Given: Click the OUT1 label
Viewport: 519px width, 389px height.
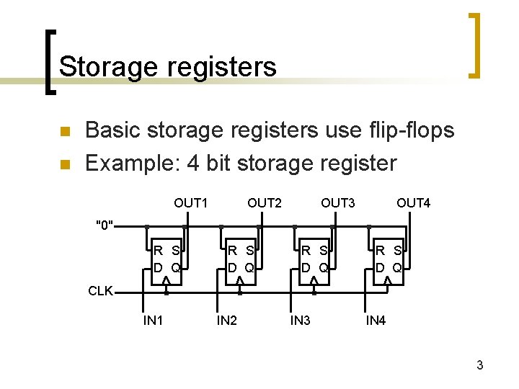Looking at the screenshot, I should click(x=190, y=203).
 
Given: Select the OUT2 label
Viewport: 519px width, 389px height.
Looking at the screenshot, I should click(x=265, y=203).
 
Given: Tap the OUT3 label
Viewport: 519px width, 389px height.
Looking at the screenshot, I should click(x=338, y=203).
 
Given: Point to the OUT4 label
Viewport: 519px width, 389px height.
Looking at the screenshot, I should click(x=413, y=203).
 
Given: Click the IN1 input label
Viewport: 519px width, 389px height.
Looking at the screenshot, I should click(x=153, y=321).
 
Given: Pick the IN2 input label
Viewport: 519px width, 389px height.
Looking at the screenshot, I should click(x=226, y=321).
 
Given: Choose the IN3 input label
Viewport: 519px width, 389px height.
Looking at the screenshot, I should click(x=300, y=321).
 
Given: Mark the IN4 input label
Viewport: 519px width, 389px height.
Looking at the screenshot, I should click(x=376, y=321).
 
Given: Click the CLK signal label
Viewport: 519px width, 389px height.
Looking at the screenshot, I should click(x=100, y=291).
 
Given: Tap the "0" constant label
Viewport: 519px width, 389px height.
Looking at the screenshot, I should click(x=105, y=225).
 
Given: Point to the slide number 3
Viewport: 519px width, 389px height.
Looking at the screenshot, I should click(x=479, y=366).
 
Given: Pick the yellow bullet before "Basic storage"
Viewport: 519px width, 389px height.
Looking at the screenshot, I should click(x=64, y=132).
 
